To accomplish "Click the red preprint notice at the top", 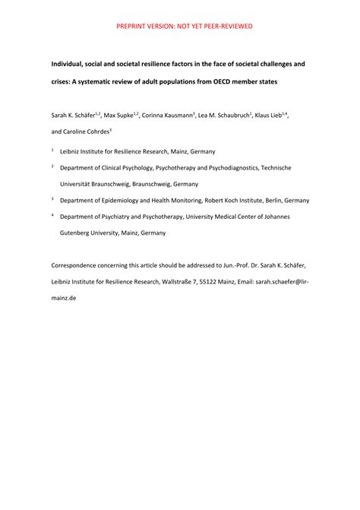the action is click(x=184, y=26).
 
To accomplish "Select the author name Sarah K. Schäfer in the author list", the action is click(x=71, y=115).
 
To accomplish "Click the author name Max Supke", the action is click(x=118, y=115).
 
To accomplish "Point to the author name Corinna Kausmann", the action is click(x=169, y=115).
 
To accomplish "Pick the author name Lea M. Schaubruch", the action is click(x=223, y=115).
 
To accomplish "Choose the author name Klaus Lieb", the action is click(x=269, y=115).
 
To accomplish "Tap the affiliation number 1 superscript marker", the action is click(x=52, y=149).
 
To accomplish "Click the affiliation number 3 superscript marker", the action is click(x=52, y=198).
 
